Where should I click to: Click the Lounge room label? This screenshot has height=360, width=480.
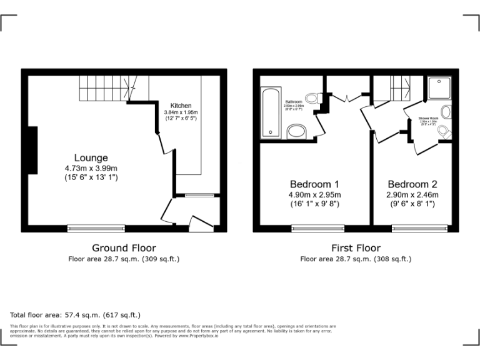[x=91, y=158]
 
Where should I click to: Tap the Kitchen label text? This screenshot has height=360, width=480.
[x=181, y=106]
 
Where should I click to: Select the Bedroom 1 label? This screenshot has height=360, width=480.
[x=314, y=184]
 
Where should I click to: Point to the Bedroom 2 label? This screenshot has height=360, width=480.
[x=412, y=184]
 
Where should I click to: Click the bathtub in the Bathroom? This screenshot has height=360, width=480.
[x=269, y=112]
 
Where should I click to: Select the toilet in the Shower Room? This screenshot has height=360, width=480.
[x=444, y=132]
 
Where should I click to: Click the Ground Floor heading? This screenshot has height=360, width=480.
[x=124, y=248]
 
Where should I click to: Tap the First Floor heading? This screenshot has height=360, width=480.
[x=356, y=248]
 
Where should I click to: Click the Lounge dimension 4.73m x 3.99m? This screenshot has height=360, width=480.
[x=91, y=168]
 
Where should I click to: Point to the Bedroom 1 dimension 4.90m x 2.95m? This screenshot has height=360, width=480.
[x=314, y=194]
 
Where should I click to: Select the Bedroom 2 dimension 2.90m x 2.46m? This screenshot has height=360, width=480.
[x=412, y=194]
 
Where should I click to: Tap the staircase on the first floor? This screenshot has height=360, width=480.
[x=398, y=88]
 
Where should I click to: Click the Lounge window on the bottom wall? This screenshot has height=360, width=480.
[x=96, y=229]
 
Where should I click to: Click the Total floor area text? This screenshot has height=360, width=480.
[x=76, y=315]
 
